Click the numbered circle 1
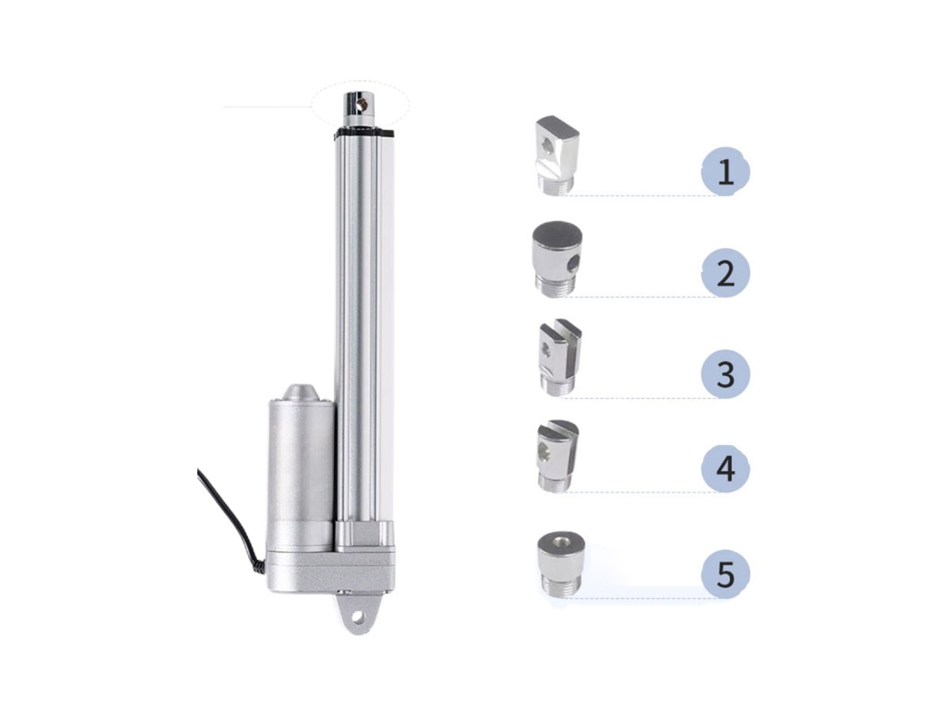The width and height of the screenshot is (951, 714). pos(725,171)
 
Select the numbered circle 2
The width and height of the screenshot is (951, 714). pos(725,273)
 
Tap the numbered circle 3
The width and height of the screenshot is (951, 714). pos(725,374)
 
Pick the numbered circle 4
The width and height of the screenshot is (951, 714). pos(725,468)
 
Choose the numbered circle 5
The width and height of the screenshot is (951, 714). pos(725,574)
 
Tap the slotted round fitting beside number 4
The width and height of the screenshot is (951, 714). pos(558,455)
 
